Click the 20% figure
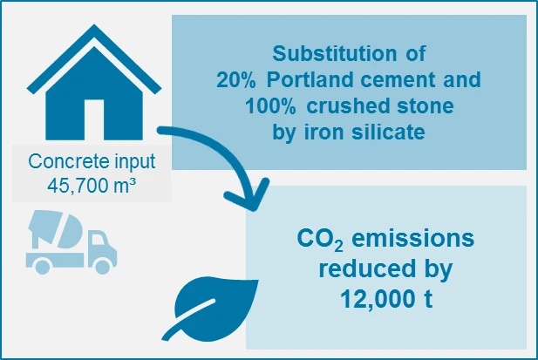(x=235, y=80)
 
